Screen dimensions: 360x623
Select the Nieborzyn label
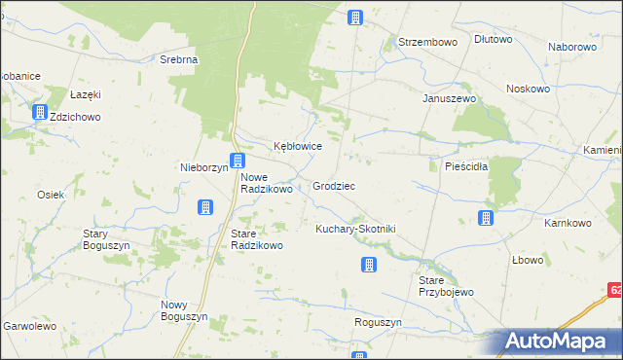pos(203,166)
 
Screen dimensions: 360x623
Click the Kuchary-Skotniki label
pos(354,228)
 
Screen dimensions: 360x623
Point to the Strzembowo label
pos(427,42)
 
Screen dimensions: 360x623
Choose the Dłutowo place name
pos(493,40)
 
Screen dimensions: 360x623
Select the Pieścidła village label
pos(452,165)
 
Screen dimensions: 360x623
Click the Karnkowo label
pos(568,223)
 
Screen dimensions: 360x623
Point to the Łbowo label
pos(528,261)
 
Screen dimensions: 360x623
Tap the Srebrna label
pos(179,58)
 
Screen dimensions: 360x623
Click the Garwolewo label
pos(30,327)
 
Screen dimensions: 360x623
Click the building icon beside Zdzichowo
pos(40,113)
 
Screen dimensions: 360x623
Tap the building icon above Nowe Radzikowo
pos(237,161)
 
